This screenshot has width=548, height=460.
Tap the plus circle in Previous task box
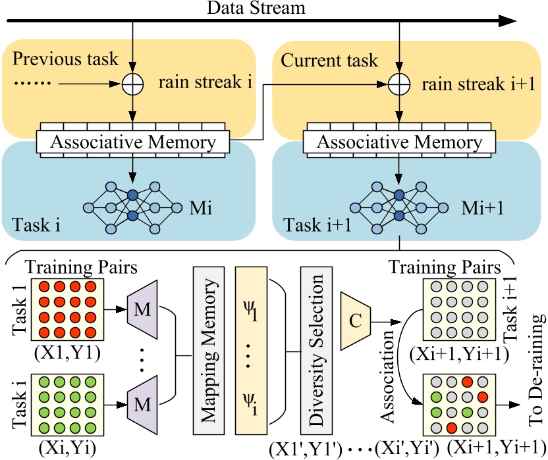[x=133, y=84]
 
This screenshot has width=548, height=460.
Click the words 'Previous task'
[x=66, y=59]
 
